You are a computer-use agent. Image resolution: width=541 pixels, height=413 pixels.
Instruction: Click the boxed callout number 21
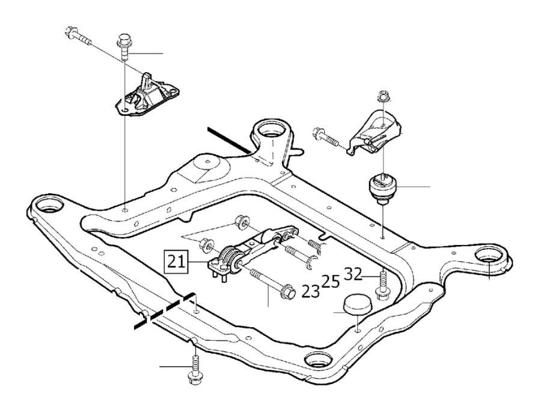[x=176, y=261]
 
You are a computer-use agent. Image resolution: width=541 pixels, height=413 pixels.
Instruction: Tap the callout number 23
[x=311, y=291]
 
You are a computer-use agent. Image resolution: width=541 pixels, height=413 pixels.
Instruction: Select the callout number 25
[x=330, y=281]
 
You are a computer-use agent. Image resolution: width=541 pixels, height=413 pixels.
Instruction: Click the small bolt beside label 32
[x=381, y=286]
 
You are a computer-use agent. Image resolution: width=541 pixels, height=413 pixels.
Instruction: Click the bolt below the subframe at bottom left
[x=194, y=367]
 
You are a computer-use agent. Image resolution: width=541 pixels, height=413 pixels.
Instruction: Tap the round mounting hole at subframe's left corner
[x=47, y=208]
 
